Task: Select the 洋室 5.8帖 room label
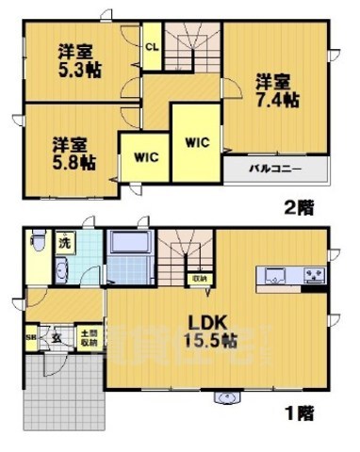[74, 153]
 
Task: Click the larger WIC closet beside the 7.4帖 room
[197, 143]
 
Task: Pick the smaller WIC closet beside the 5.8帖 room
[144, 156]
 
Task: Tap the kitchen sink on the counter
[277, 274]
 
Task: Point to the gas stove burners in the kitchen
[313, 275]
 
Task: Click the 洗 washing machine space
[64, 241]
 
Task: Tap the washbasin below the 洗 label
[62, 273]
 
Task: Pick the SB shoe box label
[30, 337]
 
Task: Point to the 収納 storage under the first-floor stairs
[199, 279]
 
